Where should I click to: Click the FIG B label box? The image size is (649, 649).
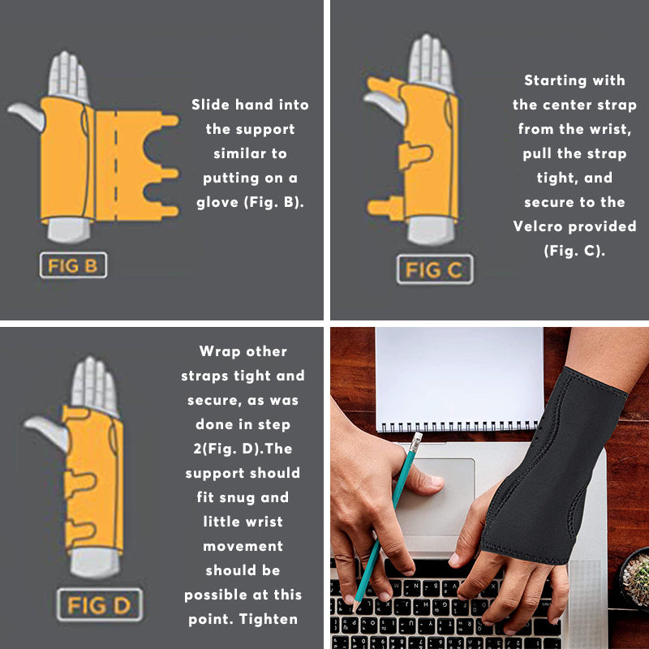(73, 265)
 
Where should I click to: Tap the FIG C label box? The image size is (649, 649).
(434, 269)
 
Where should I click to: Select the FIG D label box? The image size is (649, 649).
(99, 604)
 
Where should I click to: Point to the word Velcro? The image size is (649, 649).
(544, 226)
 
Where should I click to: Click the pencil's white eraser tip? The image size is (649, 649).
(416, 441)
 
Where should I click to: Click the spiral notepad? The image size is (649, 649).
(459, 378)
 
